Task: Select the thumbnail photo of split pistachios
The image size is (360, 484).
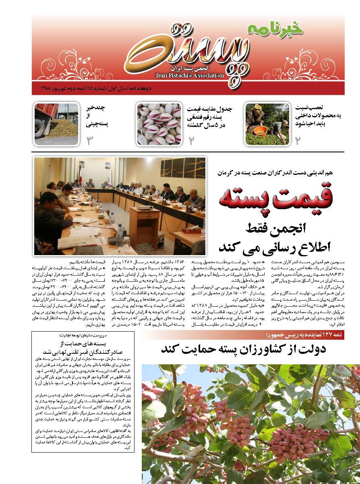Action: click(159, 124)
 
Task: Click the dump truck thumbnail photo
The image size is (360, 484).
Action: click(56, 124)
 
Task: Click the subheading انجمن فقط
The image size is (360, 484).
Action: click(282, 228)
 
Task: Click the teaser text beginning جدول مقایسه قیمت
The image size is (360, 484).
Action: click(210, 117)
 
